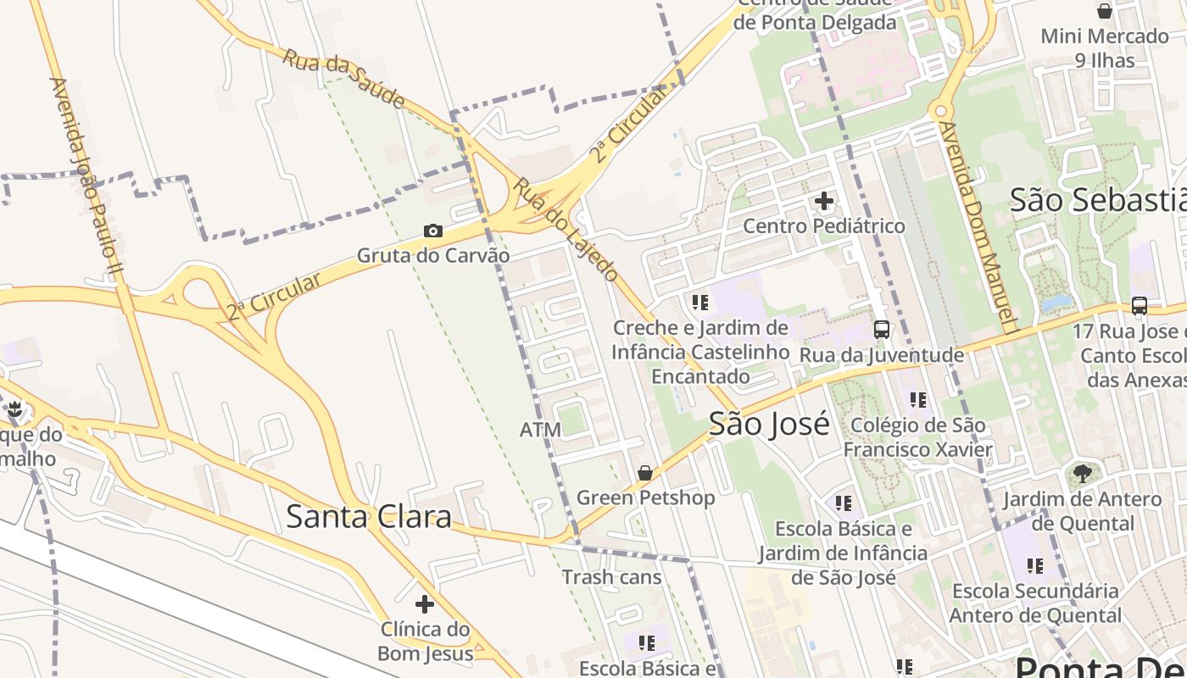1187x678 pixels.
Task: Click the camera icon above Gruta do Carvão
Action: coord(433,231)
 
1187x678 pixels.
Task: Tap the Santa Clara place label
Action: coord(368,516)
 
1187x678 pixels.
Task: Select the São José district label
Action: coord(769,424)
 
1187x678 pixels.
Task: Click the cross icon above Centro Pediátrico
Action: coord(823,202)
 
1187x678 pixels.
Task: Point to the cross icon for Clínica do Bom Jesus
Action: coord(425,604)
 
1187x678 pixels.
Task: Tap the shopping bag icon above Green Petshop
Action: coord(645,473)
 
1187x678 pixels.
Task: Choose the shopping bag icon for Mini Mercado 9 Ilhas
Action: coord(1104,11)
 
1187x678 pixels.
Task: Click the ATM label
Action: coord(540,430)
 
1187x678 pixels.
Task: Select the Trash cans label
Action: coord(611,577)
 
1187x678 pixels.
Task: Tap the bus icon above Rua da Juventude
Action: coord(882,330)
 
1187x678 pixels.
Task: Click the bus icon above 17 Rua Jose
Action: coord(1140,306)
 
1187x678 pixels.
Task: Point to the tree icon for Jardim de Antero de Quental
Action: coord(1082,474)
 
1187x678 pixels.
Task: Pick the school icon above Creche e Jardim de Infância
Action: coord(699,303)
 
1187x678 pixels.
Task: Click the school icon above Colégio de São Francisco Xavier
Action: coord(917,399)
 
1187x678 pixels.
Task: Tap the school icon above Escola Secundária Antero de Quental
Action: coord(1034,565)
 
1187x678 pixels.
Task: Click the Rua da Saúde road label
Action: coord(343,78)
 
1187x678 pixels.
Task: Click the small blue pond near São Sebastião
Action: coord(1055,303)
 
